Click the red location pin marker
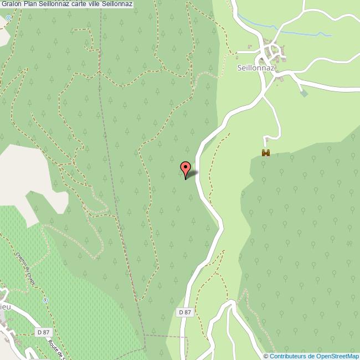pos(186,168)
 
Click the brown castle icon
pos(265,153)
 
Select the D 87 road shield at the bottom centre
pos(185,312)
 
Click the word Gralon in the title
pos(12,4)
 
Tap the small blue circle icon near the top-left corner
pos(8,18)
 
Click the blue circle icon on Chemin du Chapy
pos(46,300)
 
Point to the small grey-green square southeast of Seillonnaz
pos(304,92)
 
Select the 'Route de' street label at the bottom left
pos(56,349)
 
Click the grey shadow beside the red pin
pos(193,174)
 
